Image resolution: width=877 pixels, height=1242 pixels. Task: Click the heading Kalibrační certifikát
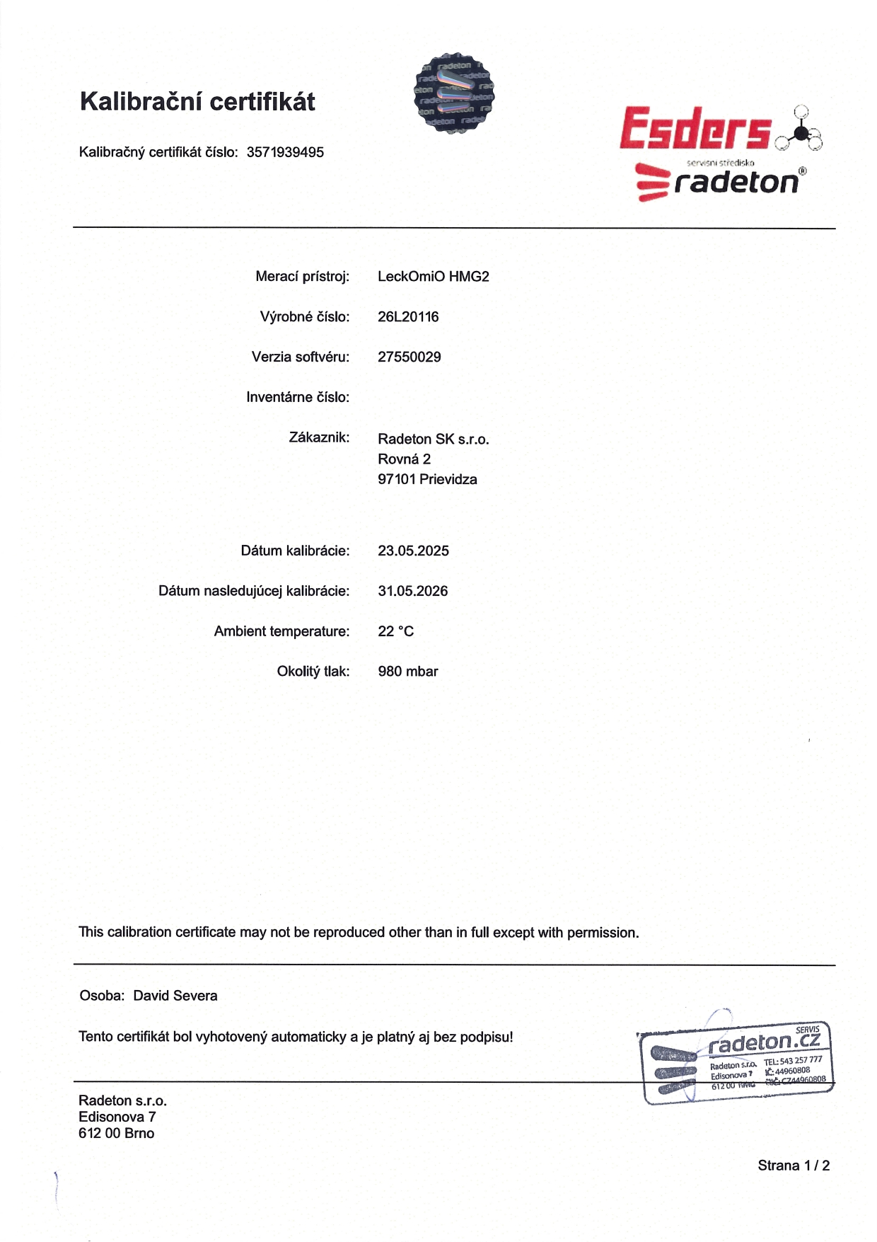(x=197, y=102)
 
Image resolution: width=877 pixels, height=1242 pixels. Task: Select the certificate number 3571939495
(x=285, y=152)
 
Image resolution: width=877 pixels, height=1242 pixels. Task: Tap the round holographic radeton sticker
(x=453, y=93)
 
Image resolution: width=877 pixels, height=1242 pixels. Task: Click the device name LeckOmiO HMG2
(x=433, y=277)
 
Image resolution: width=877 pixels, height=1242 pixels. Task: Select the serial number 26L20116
(x=408, y=317)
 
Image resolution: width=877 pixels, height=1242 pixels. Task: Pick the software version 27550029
(x=409, y=357)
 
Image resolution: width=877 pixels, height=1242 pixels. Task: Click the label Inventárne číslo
(x=298, y=398)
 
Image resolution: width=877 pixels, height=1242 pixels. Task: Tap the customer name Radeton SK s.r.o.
(x=433, y=439)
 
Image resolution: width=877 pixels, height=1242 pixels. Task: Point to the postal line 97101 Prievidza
(x=427, y=480)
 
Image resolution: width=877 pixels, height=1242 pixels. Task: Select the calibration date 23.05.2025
(x=413, y=551)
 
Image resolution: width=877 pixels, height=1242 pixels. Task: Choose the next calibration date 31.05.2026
(x=412, y=592)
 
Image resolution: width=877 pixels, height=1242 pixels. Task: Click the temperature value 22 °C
(x=395, y=631)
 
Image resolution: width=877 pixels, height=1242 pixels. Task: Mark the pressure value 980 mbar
(x=407, y=672)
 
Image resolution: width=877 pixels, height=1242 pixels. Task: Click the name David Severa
(x=175, y=996)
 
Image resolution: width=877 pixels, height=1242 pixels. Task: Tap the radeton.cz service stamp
(x=737, y=1062)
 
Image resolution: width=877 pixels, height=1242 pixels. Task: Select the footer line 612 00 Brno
(x=116, y=1133)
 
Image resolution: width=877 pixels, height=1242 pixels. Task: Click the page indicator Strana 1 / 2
(x=794, y=1166)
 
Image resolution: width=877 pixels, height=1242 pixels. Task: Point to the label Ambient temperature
(x=281, y=631)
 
